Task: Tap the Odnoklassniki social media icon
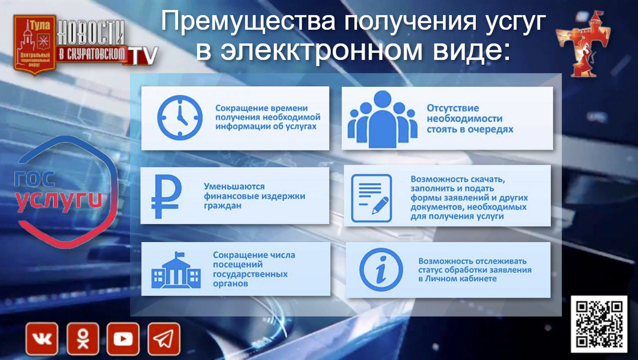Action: point(82,339)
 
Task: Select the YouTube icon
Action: point(123,339)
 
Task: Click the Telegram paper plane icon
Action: point(164,339)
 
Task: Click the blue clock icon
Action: point(180,117)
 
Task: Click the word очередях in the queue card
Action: point(491,129)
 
